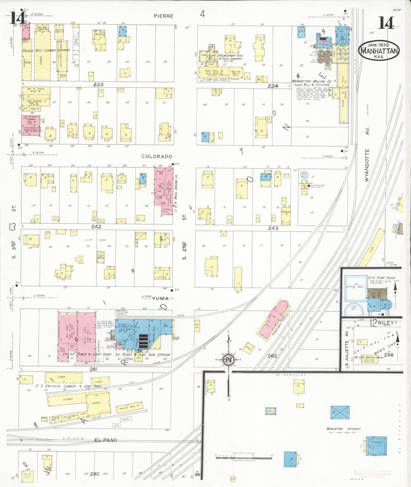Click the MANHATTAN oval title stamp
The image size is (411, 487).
(x=379, y=50)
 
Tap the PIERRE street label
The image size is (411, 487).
(x=164, y=16)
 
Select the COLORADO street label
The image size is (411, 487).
(x=157, y=156)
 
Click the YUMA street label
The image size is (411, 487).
(x=160, y=298)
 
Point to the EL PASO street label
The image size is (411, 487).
(x=106, y=440)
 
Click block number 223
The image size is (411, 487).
(x=98, y=84)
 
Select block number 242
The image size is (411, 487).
(x=96, y=226)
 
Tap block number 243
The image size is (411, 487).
(x=273, y=228)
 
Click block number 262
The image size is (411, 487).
(x=272, y=355)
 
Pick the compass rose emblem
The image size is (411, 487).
(x=229, y=360)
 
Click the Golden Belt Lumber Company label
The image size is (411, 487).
(x=46, y=50)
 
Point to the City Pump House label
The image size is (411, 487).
(x=382, y=278)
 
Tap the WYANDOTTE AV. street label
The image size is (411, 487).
(x=367, y=165)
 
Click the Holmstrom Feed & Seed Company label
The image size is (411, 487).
(x=230, y=57)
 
